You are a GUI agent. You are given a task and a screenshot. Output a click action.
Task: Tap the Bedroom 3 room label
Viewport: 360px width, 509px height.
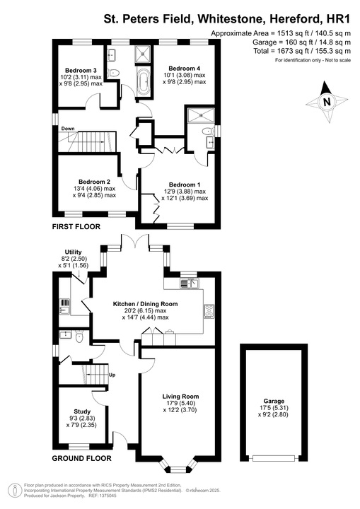[x=81, y=71]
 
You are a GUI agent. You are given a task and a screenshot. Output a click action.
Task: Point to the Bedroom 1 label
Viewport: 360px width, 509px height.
[x=183, y=185]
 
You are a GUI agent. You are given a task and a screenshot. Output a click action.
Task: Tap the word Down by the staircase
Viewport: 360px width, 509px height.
[x=68, y=129]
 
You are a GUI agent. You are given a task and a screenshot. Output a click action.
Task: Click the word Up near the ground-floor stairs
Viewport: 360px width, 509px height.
[x=111, y=375]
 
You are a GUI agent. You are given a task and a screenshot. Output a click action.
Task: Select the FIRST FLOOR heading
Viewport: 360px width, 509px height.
[x=76, y=227]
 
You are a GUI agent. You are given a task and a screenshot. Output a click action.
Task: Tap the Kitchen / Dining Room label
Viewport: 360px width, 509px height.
[x=145, y=304]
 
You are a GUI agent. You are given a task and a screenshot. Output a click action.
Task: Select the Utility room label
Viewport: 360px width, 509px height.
[x=74, y=252]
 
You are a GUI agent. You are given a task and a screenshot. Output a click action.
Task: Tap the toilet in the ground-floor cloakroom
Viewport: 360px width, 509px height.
[x=80, y=339]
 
